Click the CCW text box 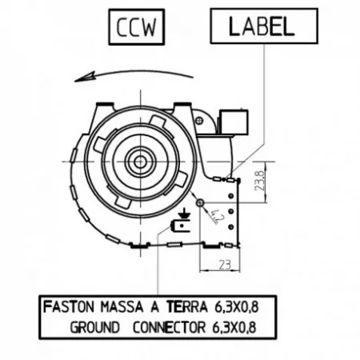click(x=137, y=27)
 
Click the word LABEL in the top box click(x=262, y=26)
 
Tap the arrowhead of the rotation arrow click(x=85, y=77)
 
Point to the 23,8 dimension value click(x=260, y=181)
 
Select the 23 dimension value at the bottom click(x=226, y=265)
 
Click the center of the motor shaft click(x=140, y=162)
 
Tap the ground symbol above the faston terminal click(x=184, y=214)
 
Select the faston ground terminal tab click(x=180, y=226)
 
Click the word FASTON click(x=69, y=306)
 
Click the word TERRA click(x=187, y=306)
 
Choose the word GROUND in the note click(x=94, y=327)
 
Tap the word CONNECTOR click(x=169, y=327)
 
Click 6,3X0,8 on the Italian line click(x=236, y=306)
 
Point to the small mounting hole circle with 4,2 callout click(x=200, y=202)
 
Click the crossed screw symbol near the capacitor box click(x=199, y=121)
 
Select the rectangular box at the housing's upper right click(x=234, y=122)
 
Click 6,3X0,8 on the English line click(x=234, y=327)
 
